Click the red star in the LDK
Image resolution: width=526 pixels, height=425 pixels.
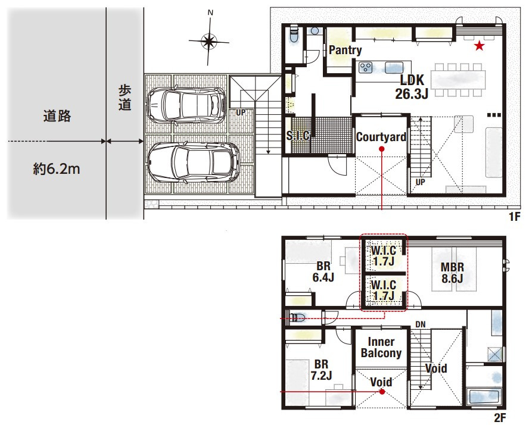pyautogui.click(x=480, y=46)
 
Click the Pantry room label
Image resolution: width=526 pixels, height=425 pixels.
pyautogui.click(x=345, y=50)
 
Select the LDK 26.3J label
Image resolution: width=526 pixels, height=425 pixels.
pyautogui.click(x=412, y=87)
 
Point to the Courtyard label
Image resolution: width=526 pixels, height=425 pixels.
pyautogui.click(x=381, y=137)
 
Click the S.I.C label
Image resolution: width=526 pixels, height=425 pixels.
pyautogui.click(x=298, y=135)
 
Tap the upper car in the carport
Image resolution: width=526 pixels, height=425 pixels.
pyautogui.click(x=187, y=104)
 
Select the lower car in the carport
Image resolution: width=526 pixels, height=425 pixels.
pyautogui.click(x=194, y=163)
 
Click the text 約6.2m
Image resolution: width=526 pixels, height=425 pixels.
pyautogui.click(x=57, y=169)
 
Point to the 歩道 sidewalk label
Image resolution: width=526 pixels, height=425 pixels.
pyautogui.click(x=125, y=98)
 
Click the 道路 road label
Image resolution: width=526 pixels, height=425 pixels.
pyautogui.click(x=57, y=115)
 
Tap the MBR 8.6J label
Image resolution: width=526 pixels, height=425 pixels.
pyautogui.click(x=452, y=273)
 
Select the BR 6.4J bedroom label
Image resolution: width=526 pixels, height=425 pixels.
pyautogui.click(x=323, y=272)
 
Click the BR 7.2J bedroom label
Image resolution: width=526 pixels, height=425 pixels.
pyautogui.click(x=321, y=370)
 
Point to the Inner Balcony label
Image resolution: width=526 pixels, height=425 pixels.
pyautogui.click(x=381, y=347)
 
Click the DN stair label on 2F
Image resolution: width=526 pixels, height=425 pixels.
pyautogui.click(x=421, y=324)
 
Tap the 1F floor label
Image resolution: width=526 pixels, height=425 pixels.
pyautogui.click(x=514, y=217)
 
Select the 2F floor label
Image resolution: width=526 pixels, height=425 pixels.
pyautogui.click(x=500, y=418)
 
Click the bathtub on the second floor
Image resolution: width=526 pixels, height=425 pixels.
pyautogui.click(x=484, y=397)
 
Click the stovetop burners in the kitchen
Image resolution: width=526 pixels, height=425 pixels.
pyautogui.click(x=365, y=67)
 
